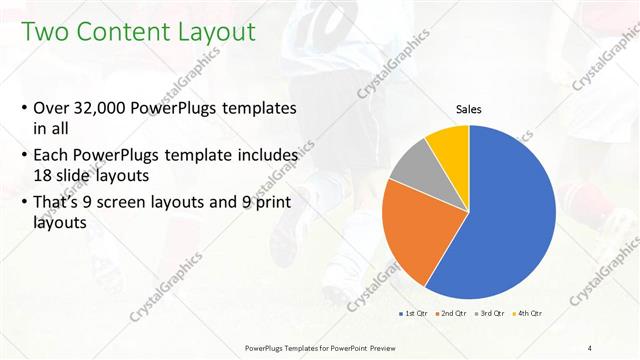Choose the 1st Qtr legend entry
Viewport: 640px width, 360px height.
pos(415,315)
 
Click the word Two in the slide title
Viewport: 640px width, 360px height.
pos(44,32)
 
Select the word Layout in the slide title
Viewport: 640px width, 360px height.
pos(215,32)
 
